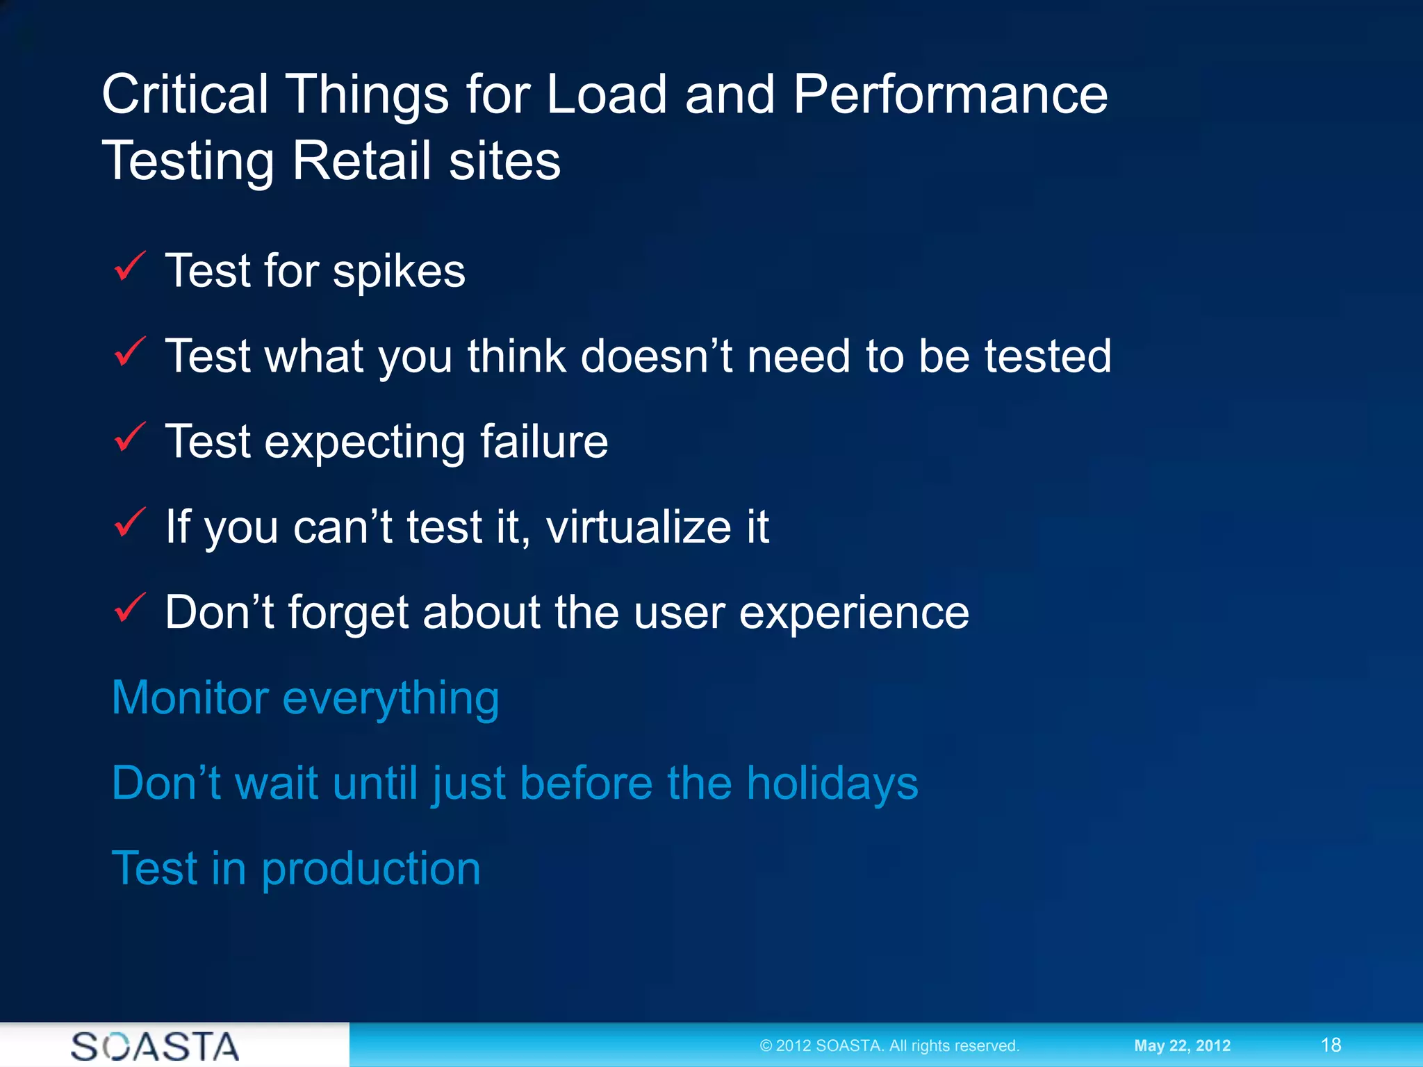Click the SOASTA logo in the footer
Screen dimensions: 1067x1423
tap(155, 1045)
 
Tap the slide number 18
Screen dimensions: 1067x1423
tap(1331, 1045)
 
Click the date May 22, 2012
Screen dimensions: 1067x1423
tap(1182, 1045)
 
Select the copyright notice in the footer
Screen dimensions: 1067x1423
tap(889, 1045)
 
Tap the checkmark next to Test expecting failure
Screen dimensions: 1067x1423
tap(129, 438)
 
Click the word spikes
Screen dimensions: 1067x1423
tap(399, 272)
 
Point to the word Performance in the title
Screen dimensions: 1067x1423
tap(950, 94)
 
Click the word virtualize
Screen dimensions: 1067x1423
tap(639, 527)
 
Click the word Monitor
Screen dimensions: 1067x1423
tap(190, 697)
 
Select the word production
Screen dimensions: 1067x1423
tap(370, 870)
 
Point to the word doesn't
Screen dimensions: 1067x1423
tap(656, 356)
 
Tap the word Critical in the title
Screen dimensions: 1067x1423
tap(185, 94)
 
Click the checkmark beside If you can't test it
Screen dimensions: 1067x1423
tap(129, 523)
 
